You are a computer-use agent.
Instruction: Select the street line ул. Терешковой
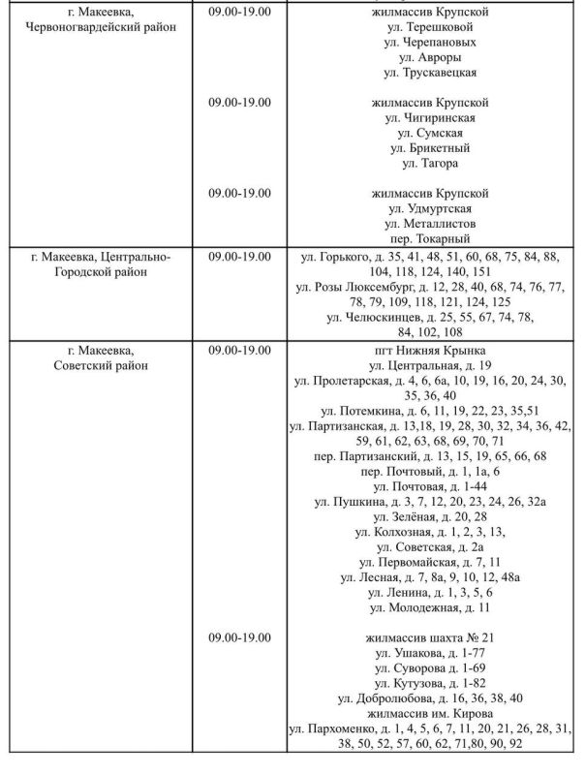coord(429,27)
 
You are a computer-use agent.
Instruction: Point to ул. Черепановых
coord(429,43)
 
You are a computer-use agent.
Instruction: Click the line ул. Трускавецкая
coord(429,72)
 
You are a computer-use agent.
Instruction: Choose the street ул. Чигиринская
coord(429,117)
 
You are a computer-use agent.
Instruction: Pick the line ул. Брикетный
coord(429,148)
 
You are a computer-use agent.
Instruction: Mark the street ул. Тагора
coord(429,163)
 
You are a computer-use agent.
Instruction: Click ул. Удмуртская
coord(429,208)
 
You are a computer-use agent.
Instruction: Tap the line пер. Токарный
coord(429,238)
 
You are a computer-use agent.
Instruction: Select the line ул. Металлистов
coord(429,224)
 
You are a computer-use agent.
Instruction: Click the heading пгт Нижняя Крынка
coord(429,350)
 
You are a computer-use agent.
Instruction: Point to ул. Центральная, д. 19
coord(429,365)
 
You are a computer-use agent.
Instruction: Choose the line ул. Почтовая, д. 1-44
coord(429,486)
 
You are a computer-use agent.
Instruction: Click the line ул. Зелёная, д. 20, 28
coord(429,516)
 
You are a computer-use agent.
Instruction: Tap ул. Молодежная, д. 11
coord(429,607)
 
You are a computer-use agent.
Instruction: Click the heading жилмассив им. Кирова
coord(429,713)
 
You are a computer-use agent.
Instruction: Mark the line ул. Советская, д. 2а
coord(429,546)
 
